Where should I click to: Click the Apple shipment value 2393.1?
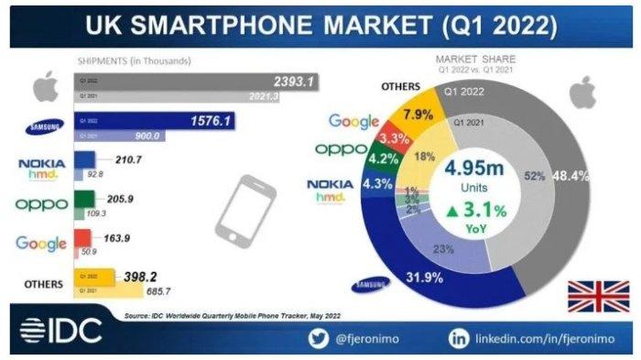coord(294,81)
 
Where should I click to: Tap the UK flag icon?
coord(598,296)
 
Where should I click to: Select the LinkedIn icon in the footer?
coord(458,338)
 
